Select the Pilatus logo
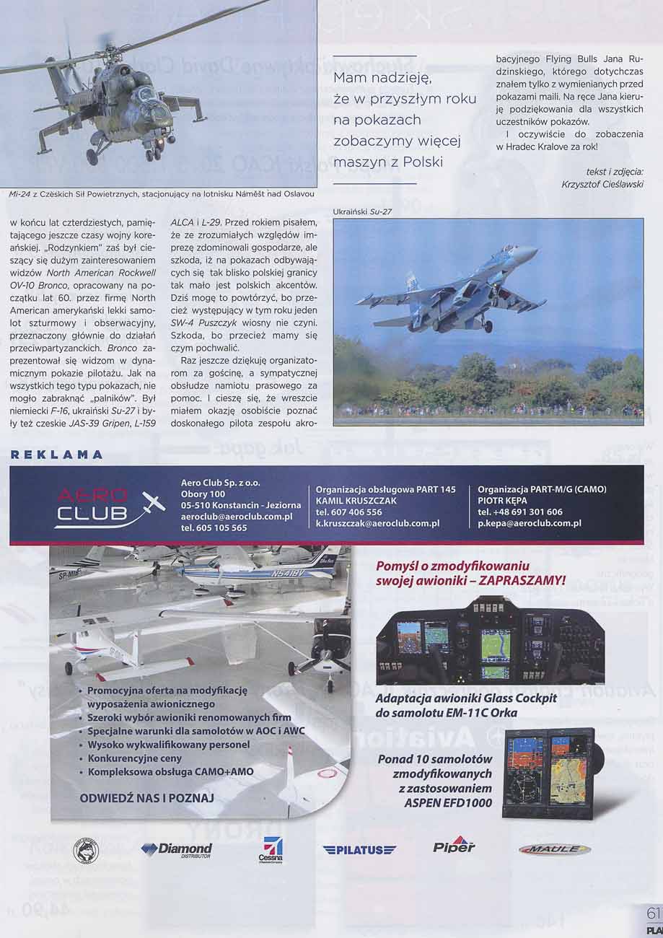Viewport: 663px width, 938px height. click(x=359, y=850)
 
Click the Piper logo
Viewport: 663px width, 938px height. click(x=454, y=846)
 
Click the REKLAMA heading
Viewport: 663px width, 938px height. click(x=58, y=455)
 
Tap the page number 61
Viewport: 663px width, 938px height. click(x=654, y=913)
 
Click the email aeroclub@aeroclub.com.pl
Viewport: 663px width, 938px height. click(x=237, y=517)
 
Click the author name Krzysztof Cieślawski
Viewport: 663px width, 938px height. click(x=602, y=184)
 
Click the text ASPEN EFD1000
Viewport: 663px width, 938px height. click(x=448, y=802)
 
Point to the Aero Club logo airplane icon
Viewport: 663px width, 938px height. click(x=153, y=502)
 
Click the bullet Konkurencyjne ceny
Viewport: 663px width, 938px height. click(x=134, y=758)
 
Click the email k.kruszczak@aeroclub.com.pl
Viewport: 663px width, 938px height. click(x=378, y=523)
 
